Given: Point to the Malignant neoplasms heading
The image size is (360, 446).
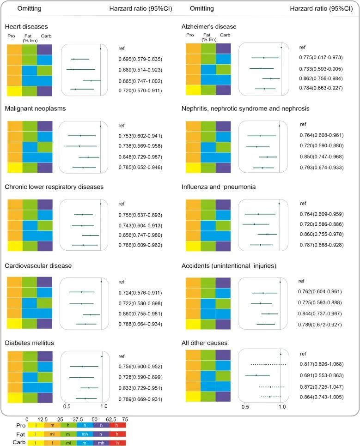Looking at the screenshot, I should click(x=35, y=109).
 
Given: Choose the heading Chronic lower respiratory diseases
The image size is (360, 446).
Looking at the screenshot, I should click(x=54, y=187).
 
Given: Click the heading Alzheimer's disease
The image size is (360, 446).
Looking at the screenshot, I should click(x=209, y=27).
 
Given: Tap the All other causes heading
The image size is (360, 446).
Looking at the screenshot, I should click(x=205, y=343).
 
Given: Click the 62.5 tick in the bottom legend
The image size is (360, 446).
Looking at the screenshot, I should click(x=108, y=419).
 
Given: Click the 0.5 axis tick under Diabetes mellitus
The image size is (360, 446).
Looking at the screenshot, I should click(x=67, y=407).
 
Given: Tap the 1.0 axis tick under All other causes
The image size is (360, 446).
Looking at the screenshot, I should click(x=281, y=407).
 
